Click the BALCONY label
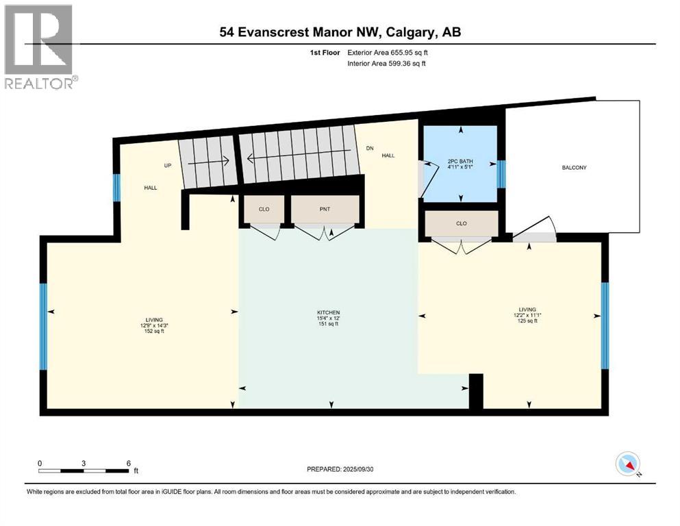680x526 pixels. (575, 167)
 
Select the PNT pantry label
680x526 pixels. (325, 208)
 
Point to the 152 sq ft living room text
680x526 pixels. (153, 331)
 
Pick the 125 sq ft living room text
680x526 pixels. (527, 321)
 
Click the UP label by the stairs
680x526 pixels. (166, 166)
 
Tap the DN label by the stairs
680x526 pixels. (370, 148)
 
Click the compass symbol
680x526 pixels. (628, 464)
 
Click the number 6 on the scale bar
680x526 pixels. (128, 462)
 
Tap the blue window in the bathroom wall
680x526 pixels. (501, 174)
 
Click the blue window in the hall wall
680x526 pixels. (116, 186)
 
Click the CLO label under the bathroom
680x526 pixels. (461, 223)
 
